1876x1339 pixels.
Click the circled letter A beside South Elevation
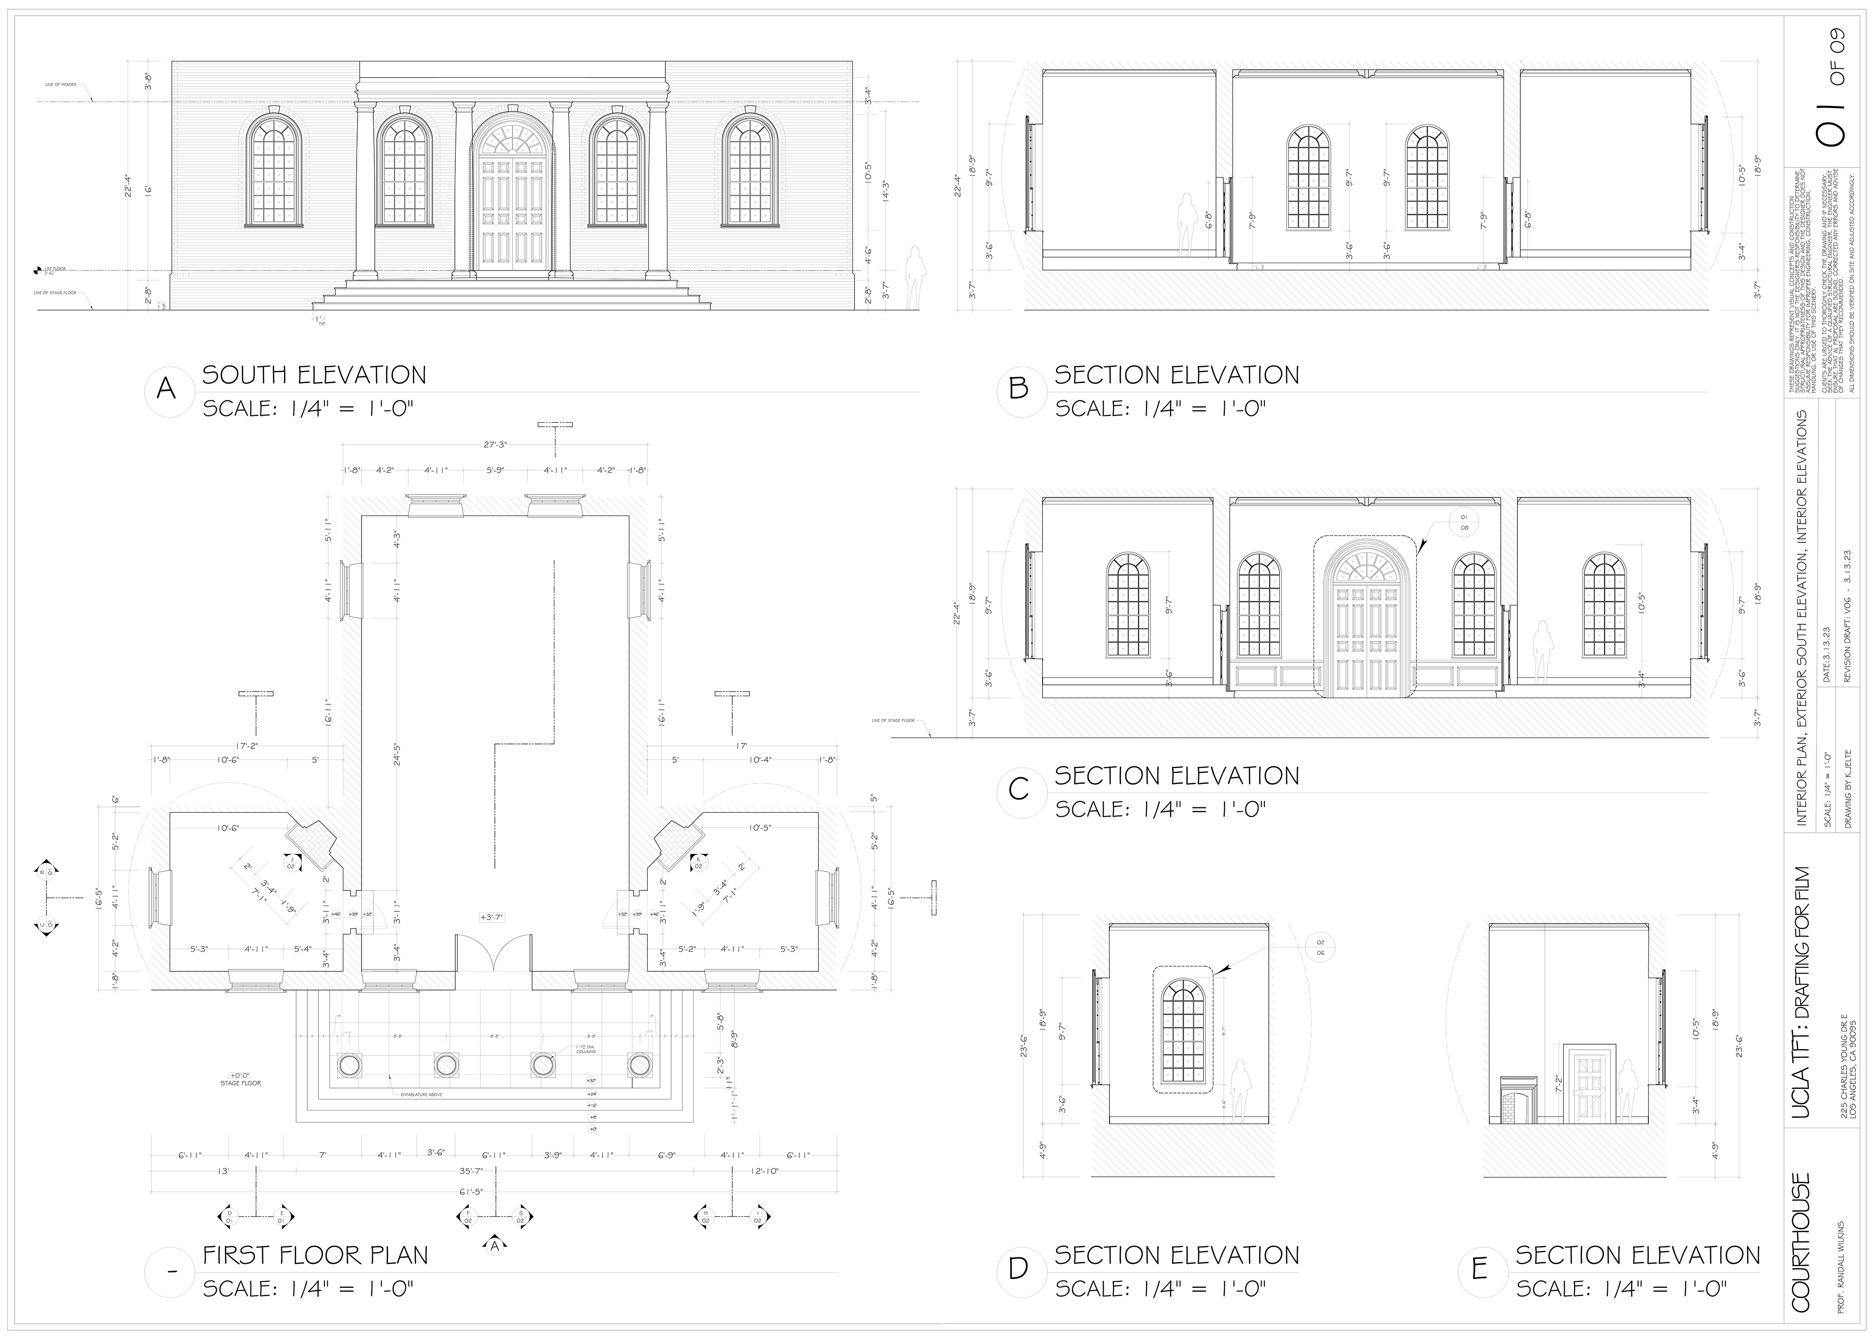[167, 389]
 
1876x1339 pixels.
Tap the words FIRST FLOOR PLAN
[315, 1255]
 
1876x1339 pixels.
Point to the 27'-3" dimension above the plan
[495, 444]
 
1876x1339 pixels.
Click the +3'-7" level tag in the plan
[491, 917]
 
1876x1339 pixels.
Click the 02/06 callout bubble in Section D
[1320, 948]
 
